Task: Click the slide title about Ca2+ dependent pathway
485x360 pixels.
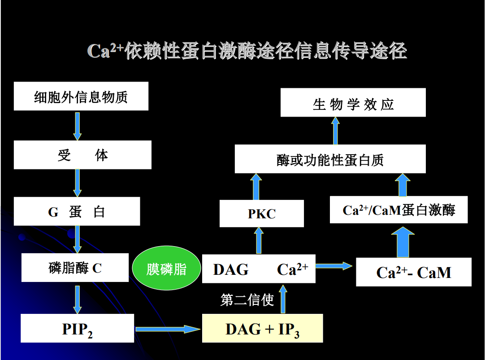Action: (x=247, y=51)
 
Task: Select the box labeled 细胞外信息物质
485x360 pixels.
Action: (x=81, y=96)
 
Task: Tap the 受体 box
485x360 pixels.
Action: (x=82, y=155)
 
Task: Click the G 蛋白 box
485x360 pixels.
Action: (x=77, y=211)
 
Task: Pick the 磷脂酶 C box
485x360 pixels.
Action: (x=75, y=268)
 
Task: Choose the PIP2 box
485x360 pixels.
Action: (x=78, y=329)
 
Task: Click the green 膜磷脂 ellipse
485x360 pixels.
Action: (x=166, y=269)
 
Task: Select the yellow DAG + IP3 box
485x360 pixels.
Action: (x=262, y=329)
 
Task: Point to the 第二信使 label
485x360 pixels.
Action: (x=247, y=299)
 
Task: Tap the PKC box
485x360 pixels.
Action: (x=262, y=213)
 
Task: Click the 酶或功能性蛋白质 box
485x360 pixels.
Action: (x=330, y=159)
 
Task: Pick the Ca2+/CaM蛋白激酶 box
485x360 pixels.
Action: (x=398, y=210)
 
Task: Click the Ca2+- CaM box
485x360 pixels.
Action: (x=413, y=272)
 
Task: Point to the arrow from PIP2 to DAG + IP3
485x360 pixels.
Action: (x=168, y=329)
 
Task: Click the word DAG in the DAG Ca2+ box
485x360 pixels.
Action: (x=231, y=269)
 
